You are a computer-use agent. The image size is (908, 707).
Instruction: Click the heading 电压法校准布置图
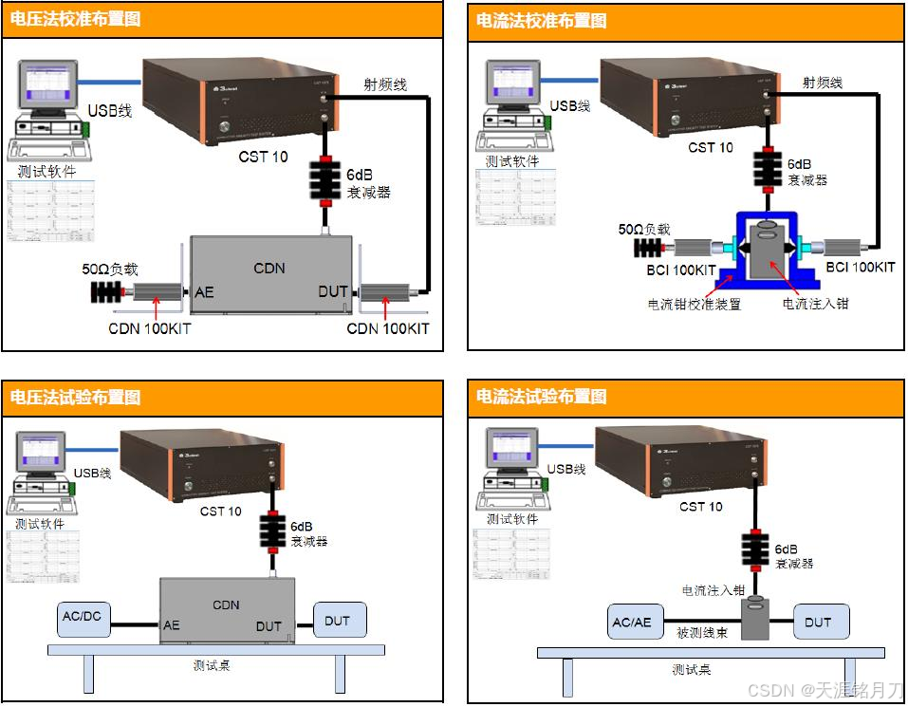click(x=75, y=19)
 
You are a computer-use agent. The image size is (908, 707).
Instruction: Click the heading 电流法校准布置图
click(x=541, y=20)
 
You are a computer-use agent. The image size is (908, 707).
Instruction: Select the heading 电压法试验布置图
click(x=75, y=397)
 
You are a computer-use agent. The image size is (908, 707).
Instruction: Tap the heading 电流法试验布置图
click(x=541, y=397)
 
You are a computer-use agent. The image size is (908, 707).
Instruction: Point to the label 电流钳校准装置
click(x=694, y=305)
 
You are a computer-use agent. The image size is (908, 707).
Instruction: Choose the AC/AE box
click(x=632, y=623)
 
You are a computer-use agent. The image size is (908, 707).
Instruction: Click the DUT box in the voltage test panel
click(x=338, y=621)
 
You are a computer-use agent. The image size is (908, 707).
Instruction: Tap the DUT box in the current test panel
click(x=818, y=623)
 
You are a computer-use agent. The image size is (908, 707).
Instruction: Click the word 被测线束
click(x=702, y=633)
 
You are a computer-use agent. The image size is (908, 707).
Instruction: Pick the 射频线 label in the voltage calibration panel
click(x=386, y=84)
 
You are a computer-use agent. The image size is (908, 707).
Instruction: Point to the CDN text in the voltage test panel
click(x=226, y=605)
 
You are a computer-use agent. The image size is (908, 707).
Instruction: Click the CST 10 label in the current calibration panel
click(x=711, y=148)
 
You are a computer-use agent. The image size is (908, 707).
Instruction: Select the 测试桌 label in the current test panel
click(x=692, y=669)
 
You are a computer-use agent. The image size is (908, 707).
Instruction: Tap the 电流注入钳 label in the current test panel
click(x=713, y=590)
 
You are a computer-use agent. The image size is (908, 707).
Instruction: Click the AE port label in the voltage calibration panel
click(x=204, y=291)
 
